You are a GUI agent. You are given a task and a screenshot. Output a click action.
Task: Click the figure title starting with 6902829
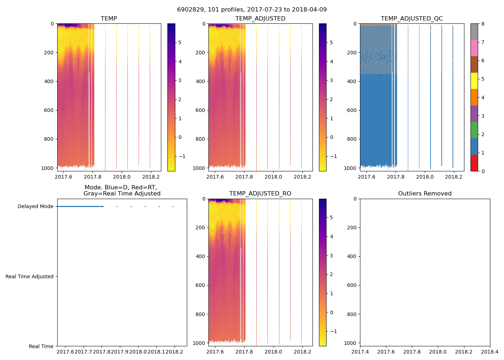coord(252,9)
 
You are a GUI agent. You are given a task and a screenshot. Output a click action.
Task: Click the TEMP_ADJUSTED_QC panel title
coord(411,18)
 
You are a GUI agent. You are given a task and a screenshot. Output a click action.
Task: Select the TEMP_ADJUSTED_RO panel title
coord(260,193)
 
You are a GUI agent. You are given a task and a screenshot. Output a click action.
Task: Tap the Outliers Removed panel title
coord(424,193)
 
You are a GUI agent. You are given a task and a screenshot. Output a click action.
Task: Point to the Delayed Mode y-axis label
coord(35,206)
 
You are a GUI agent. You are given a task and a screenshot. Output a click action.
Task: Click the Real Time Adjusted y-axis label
coord(29,276)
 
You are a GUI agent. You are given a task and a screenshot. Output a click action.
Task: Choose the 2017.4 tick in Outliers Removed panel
coord(360,352)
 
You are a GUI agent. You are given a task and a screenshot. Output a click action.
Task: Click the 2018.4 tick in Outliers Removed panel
coord(490,352)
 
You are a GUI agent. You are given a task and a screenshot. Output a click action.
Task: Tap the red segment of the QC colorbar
coord(474,163)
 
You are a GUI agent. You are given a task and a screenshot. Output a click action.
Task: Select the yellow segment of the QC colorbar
coord(474,81)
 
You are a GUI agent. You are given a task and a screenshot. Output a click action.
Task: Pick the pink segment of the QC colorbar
coord(474,48)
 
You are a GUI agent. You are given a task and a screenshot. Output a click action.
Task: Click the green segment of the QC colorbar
coord(474,130)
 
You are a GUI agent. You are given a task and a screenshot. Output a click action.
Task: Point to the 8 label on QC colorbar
coord(483,24)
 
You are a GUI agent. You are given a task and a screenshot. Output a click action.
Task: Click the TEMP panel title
coord(109,18)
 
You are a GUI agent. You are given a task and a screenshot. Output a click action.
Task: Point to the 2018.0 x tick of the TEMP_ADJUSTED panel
coord(273,177)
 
